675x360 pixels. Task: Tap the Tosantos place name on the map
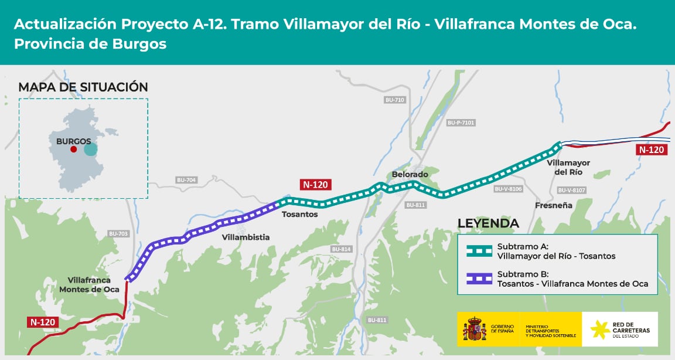tap(299, 215)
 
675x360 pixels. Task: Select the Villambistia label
tap(246, 237)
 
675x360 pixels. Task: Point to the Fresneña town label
tap(553, 205)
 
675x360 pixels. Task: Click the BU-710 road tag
tap(395, 100)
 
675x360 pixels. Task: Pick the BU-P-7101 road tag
tap(461, 123)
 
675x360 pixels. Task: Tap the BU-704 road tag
tap(186, 180)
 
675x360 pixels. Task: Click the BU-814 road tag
tap(341, 249)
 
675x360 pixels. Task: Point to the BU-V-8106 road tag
tap(508, 189)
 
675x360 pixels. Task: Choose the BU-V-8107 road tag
tap(572, 191)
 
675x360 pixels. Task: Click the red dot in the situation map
tap(73, 150)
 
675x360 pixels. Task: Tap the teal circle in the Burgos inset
tap(90, 149)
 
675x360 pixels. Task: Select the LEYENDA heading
tap(487, 223)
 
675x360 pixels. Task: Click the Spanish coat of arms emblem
tap(475, 329)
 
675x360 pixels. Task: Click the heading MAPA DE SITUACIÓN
tap(83, 87)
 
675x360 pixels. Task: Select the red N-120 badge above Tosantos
tap(315, 184)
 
